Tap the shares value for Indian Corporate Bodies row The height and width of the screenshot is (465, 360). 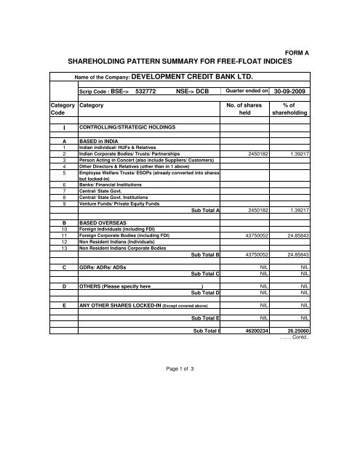click(260, 155)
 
